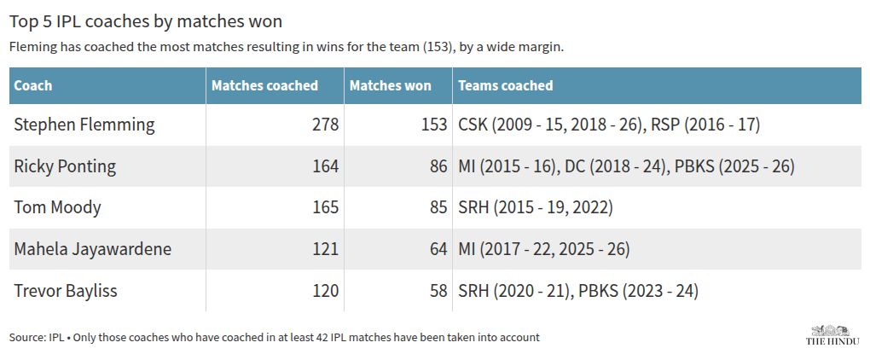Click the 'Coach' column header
32,85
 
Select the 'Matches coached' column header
264,85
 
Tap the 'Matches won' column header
390,85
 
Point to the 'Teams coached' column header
506,85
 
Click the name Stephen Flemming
84,125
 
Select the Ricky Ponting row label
65,166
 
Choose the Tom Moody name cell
58,207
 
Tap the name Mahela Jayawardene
93,249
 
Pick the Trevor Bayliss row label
66,291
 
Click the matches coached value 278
325,125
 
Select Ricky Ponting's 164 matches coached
325,166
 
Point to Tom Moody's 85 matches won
438,207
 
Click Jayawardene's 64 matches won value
438,249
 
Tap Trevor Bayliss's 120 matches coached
325,291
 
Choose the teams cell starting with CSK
609,125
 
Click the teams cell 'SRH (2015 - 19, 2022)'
536,207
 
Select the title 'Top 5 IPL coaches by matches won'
146,21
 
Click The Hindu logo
832,335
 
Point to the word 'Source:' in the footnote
25,337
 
